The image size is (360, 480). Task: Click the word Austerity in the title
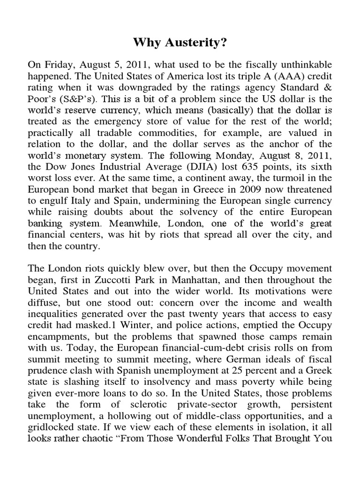pyautogui.click(x=193, y=44)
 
